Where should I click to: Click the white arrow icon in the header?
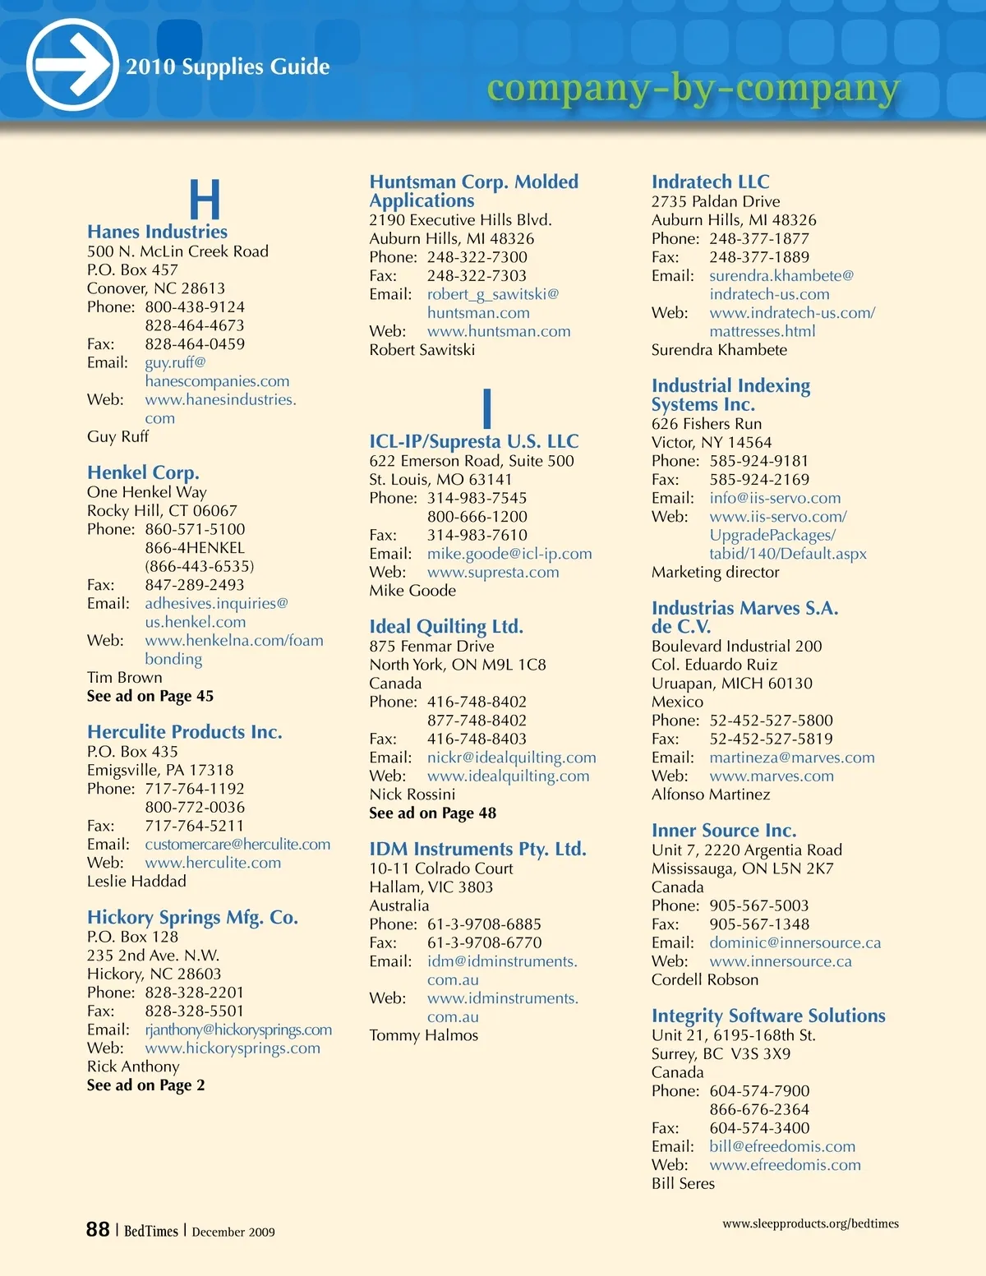coord(72,64)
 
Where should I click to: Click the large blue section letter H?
coord(205,200)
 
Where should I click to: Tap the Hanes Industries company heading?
coord(157,232)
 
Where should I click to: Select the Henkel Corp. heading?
coord(143,472)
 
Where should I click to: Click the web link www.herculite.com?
coord(213,863)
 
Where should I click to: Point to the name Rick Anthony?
coord(133,1066)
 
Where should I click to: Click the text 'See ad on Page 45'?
coord(150,696)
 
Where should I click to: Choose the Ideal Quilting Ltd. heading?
coord(446,627)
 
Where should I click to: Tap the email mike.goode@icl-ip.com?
coord(509,554)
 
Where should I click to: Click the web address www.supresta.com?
coord(493,572)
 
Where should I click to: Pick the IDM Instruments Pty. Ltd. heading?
coord(477,849)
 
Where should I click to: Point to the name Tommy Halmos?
coord(423,1035)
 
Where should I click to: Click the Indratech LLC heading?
coord(710,182)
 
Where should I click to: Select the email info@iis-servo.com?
coord(775,498)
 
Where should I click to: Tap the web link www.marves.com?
coord(772,776)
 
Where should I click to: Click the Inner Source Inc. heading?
coord(724,831)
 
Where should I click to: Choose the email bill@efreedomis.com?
coord(782,1146)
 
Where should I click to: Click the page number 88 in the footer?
coord(98,1229)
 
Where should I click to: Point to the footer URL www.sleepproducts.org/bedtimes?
coord(810,1223)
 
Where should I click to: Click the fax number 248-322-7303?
coord(477,276)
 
